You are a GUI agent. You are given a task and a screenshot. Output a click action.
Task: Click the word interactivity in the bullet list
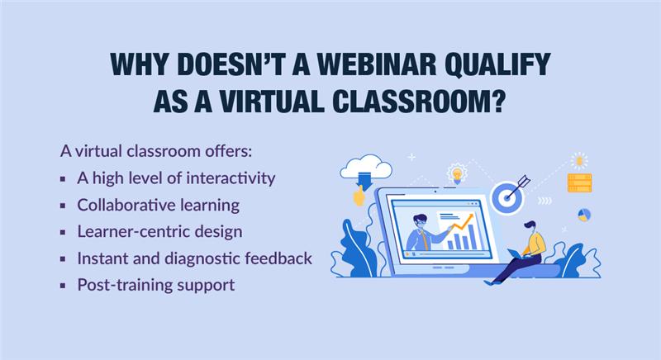point(231,178)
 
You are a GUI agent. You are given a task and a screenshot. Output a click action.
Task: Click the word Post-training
point(125,285)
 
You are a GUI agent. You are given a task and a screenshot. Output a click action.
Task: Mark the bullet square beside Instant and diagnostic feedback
point(63,259)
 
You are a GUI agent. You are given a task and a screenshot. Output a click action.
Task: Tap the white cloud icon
point(366,166)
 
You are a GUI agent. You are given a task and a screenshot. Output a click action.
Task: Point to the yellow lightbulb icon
point(457,173)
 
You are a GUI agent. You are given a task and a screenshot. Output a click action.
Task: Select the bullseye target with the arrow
point(509,195)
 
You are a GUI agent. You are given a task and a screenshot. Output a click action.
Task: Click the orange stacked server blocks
point(579,182)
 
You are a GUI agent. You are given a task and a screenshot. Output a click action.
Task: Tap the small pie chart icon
point(584,215)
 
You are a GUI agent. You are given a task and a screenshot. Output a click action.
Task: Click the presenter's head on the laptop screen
point(421,222)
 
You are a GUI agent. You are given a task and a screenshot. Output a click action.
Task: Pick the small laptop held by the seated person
point(515,253)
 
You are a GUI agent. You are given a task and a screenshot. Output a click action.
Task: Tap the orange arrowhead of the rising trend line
point(470,216)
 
